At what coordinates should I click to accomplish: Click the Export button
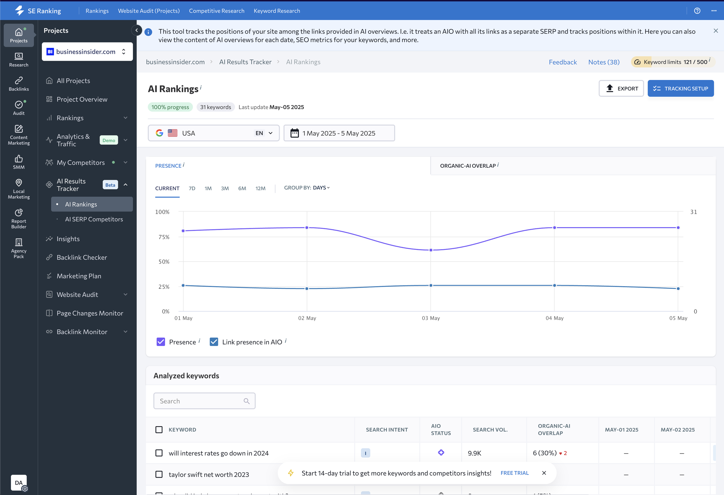pyautogui.click(x=621, y=88)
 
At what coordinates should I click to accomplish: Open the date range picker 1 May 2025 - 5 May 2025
pyautogui.click(x=339, y=133)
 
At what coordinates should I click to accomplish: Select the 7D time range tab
pyautogui.click(x=192, y=188)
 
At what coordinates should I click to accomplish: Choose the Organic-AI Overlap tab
pyautogui.click(x=468, y=166)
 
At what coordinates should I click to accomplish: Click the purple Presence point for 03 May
pyautogui.click(x=431, y=250)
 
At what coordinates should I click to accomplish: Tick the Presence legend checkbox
pyautogui.click(x=161, y=342)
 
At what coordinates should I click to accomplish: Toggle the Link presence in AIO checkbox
pyautogui.click(x=214, y=342)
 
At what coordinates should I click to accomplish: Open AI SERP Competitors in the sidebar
pyautogui.click(x=94, y=219)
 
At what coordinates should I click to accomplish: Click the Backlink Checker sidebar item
pyautogui.click(x=82, y=257)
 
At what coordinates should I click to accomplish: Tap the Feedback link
pyautogui.click(x=563, y=62)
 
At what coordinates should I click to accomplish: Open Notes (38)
pyautogui.click(x=604, y=62)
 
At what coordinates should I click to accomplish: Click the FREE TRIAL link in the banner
pyautogui.click(x=515, y=473)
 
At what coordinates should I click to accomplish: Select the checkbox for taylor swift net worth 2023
pyautogui.click(x=159, y=474)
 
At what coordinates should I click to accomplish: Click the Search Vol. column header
pyautogui.click(x=490, y=430)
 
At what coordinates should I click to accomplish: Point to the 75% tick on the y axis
pyautogui.click(x=164, y=237)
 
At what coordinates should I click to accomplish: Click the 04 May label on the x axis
pyautogui.click(x=555, y=318)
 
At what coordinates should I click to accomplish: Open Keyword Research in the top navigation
pyautogui.click(x=277, y=11)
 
